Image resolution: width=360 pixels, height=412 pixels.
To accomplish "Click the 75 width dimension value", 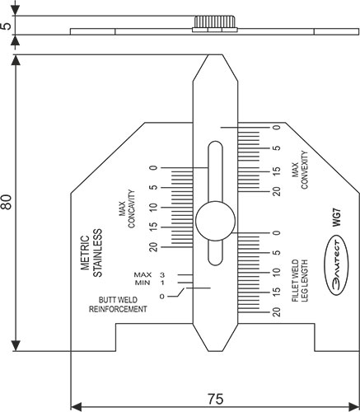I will [x=214, y=399].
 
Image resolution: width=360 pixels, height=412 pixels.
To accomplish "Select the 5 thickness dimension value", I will [x=7, y=26].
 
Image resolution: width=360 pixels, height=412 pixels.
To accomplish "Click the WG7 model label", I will [x=336, y=218].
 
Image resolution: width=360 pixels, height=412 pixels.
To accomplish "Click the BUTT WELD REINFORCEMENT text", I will [x=117, y=305].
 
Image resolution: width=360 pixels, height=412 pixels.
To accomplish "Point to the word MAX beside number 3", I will [x=142, y=274].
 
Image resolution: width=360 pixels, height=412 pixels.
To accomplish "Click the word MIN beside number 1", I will [x=143, y=283].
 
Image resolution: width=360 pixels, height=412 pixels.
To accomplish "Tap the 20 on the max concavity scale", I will [x=153, y=246].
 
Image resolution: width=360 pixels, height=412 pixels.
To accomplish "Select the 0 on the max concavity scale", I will [x=153, y=168].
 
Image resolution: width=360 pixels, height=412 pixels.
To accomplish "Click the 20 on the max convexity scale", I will [x=276, y=191].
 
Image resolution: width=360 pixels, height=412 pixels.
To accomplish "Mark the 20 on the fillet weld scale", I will [x=276, y=311].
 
